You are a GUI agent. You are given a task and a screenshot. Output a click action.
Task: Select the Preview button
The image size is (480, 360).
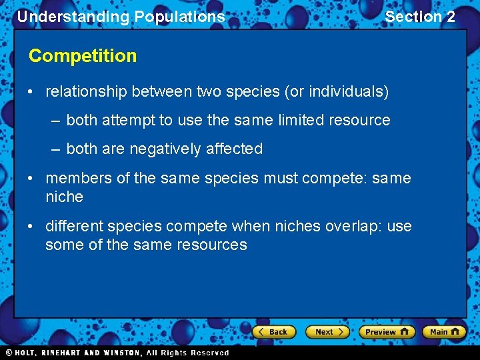[x=386, y=331]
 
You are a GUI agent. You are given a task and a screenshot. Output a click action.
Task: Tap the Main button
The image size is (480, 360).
[x=444, y=331]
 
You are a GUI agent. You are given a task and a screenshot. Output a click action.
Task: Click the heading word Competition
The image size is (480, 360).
[x=83, y=56]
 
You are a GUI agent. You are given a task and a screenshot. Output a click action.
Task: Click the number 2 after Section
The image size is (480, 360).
[x=451, y=17]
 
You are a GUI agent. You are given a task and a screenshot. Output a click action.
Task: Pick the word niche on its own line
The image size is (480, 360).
[x=64, y=197]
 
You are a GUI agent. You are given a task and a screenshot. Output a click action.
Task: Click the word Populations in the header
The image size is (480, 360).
[x=180, y=17]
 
